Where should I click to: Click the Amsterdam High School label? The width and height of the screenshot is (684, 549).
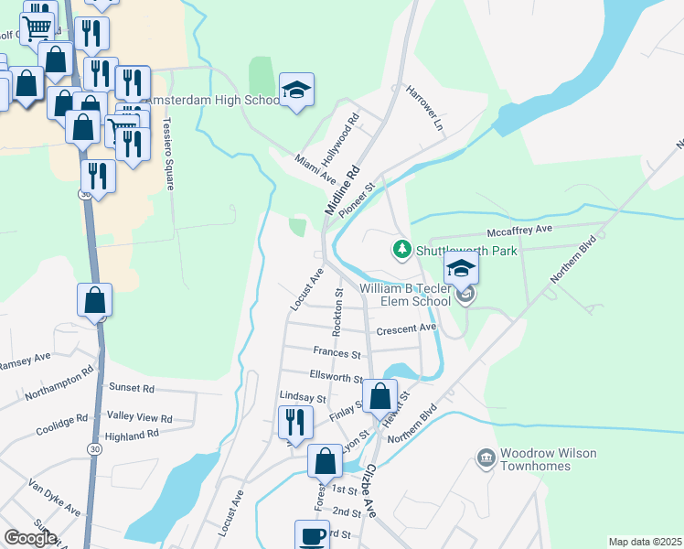pos(210,100)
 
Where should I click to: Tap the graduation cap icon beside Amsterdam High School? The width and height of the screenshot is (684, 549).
pos(296,90)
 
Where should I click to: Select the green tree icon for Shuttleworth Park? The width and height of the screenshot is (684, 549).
pos(401,249)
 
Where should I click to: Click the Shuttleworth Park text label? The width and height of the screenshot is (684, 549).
pos(467,250)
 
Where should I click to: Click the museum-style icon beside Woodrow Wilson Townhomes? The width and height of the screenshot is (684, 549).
pos(485,456)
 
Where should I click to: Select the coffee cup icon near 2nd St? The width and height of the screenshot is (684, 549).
pos(311,534)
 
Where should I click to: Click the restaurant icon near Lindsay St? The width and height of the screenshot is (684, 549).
pos(295,422)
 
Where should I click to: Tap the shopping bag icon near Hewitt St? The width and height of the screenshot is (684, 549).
pos(380,396)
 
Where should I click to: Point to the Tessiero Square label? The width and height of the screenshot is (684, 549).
pos(167,152)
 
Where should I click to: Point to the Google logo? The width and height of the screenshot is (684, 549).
pos(31,537)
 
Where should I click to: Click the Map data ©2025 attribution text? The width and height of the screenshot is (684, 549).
pos(645,542)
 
